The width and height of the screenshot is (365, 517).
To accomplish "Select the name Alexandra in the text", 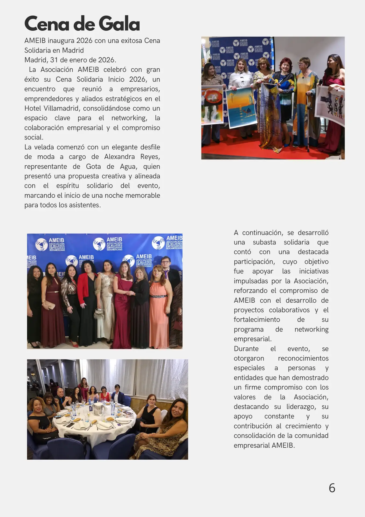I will [x=119, y=157].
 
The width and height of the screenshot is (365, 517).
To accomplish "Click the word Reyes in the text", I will [x=150, y=157].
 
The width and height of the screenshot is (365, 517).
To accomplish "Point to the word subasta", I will [x=264, y=242].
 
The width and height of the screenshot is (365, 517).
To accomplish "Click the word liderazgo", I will [x=302, y=407].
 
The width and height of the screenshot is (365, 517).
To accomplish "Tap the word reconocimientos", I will [x=303, y=358].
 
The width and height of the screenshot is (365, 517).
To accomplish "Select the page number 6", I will [x=332, y=488].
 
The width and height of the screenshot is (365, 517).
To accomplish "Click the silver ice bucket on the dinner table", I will [x=98, y=408].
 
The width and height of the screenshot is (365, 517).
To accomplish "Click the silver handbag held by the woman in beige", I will [x=99, y=313].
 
